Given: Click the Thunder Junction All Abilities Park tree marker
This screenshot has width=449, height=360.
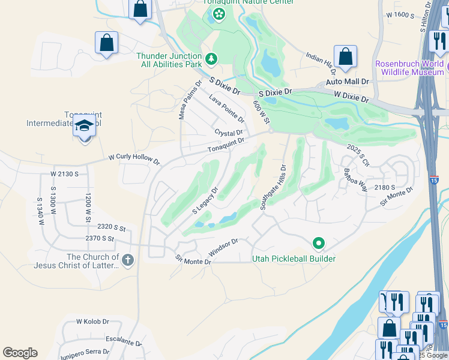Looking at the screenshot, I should pyautogui.click(x=211, y=59).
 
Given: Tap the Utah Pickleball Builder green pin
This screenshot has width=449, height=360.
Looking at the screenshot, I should pyautogui.click(x=319, y=244).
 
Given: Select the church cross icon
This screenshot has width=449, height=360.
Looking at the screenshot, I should pyautogui.click(x=127, y=260).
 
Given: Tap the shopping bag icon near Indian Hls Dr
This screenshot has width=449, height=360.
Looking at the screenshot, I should pyautogui.click(x=346, y=57).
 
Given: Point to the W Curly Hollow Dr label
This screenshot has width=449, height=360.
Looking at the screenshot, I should pyautogui.click(x=134, y=160).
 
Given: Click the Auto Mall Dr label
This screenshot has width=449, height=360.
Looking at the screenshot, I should pyautogui.click(x=348, y=81).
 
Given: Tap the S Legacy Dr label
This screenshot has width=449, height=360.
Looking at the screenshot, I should pyautogui.click(x=205, y=200).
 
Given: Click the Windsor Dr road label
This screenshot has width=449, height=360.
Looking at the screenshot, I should pyautogui.click(x=224, y=247).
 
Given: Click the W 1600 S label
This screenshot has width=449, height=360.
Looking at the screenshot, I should pyautogui.click(x=401, y=14).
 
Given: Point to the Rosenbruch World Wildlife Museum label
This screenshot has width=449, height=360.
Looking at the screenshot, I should pyautogui.click(x=409, y=68).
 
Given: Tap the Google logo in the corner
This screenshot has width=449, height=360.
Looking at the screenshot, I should pyautogui.click(x=20, y=353).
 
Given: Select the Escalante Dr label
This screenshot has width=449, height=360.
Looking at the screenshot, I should pyautogui.click(x=123, y=340).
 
